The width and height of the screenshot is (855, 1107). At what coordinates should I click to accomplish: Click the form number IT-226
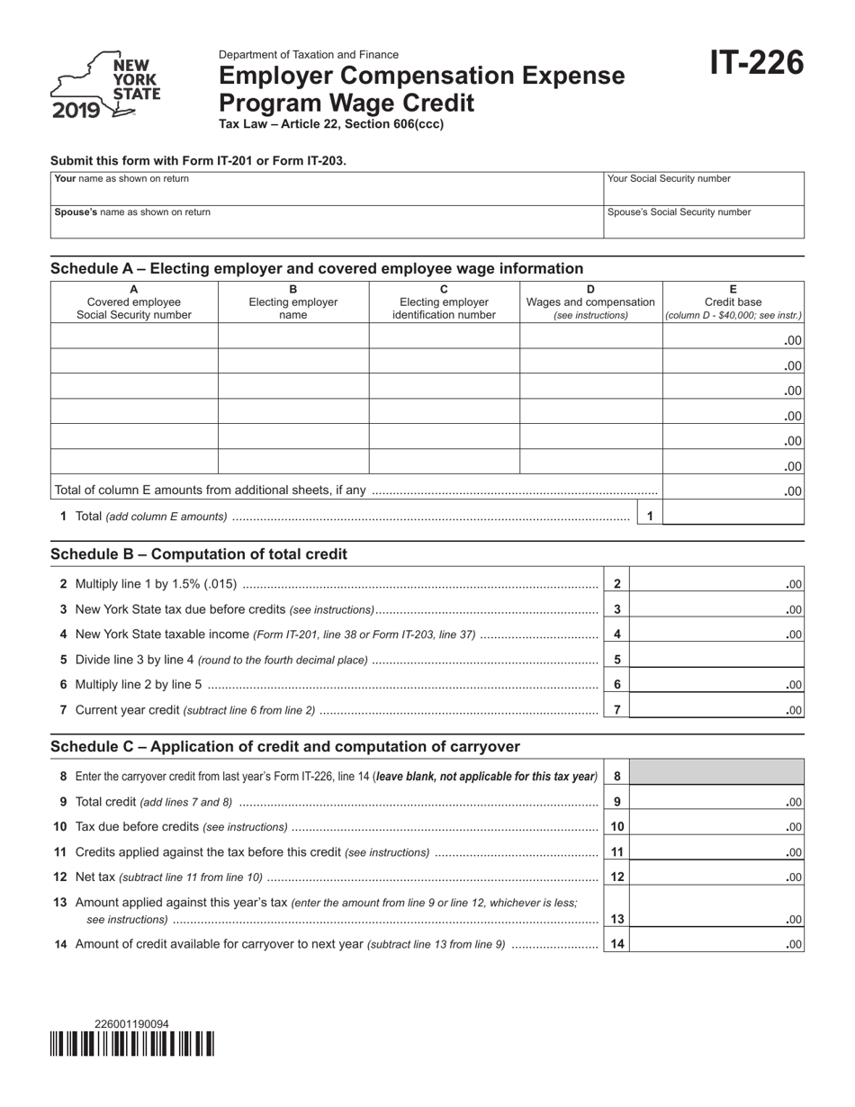click(757, 63)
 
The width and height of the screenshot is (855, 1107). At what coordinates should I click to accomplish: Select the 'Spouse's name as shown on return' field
click(325, 221)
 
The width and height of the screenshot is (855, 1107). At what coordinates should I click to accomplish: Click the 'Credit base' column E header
click(733, 302)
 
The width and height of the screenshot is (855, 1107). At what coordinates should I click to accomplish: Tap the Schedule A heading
click(317, 268)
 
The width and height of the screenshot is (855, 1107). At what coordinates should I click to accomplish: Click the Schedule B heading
click(199, 554)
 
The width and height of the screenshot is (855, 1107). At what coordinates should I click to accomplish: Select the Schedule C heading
click(285, 746)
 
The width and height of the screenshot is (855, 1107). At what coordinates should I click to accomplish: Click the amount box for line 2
click(716, 584)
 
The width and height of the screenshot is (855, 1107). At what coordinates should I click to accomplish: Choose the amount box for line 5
click(716, 659)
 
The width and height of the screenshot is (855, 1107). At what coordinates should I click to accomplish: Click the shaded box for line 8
click(716, 772)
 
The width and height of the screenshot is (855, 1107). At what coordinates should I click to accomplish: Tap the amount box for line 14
click(716, 944)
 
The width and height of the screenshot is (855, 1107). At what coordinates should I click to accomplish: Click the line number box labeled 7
click(616, 709)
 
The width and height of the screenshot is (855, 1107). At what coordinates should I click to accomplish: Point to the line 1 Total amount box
click(733, 516)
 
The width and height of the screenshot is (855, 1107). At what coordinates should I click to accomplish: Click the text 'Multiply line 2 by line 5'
click(139, 684)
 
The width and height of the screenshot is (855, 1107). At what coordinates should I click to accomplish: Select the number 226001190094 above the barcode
click(131, 1023)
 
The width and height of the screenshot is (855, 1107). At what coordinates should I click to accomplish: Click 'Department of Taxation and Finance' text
click(309, 54)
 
